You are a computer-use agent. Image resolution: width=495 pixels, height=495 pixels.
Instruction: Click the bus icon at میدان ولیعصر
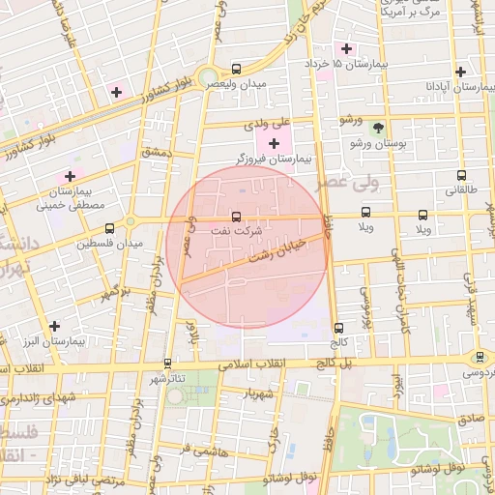point(237,70)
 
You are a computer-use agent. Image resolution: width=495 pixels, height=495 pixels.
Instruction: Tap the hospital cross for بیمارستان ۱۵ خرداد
point(346,48)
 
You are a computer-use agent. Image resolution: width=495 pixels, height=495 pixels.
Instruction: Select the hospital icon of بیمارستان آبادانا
point(461,72)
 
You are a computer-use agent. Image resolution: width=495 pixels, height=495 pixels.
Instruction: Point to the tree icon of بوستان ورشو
point(378,128)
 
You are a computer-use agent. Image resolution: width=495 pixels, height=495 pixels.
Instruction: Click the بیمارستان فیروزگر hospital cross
point(274,143)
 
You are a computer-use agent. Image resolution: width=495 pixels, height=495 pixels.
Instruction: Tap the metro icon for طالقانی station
point(461,177)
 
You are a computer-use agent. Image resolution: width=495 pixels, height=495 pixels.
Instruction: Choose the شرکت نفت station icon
point(237,217)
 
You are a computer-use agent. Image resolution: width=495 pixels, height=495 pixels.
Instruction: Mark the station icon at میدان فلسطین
point(109,229)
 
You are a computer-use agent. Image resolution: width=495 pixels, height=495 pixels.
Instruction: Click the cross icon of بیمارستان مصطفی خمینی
point(69,177)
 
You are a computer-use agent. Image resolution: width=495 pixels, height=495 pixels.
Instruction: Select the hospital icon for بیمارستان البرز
point(55,327)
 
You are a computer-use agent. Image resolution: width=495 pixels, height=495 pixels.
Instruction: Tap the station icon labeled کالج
point(337,328)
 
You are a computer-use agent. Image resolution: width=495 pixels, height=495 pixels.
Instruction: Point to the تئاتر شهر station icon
point(168,364)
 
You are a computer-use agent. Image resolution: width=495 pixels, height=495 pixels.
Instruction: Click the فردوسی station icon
point(480,358)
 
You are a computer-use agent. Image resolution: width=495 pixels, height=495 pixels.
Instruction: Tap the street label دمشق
point(156,153)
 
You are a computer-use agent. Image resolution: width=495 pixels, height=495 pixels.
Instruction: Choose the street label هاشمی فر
point(200,451)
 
